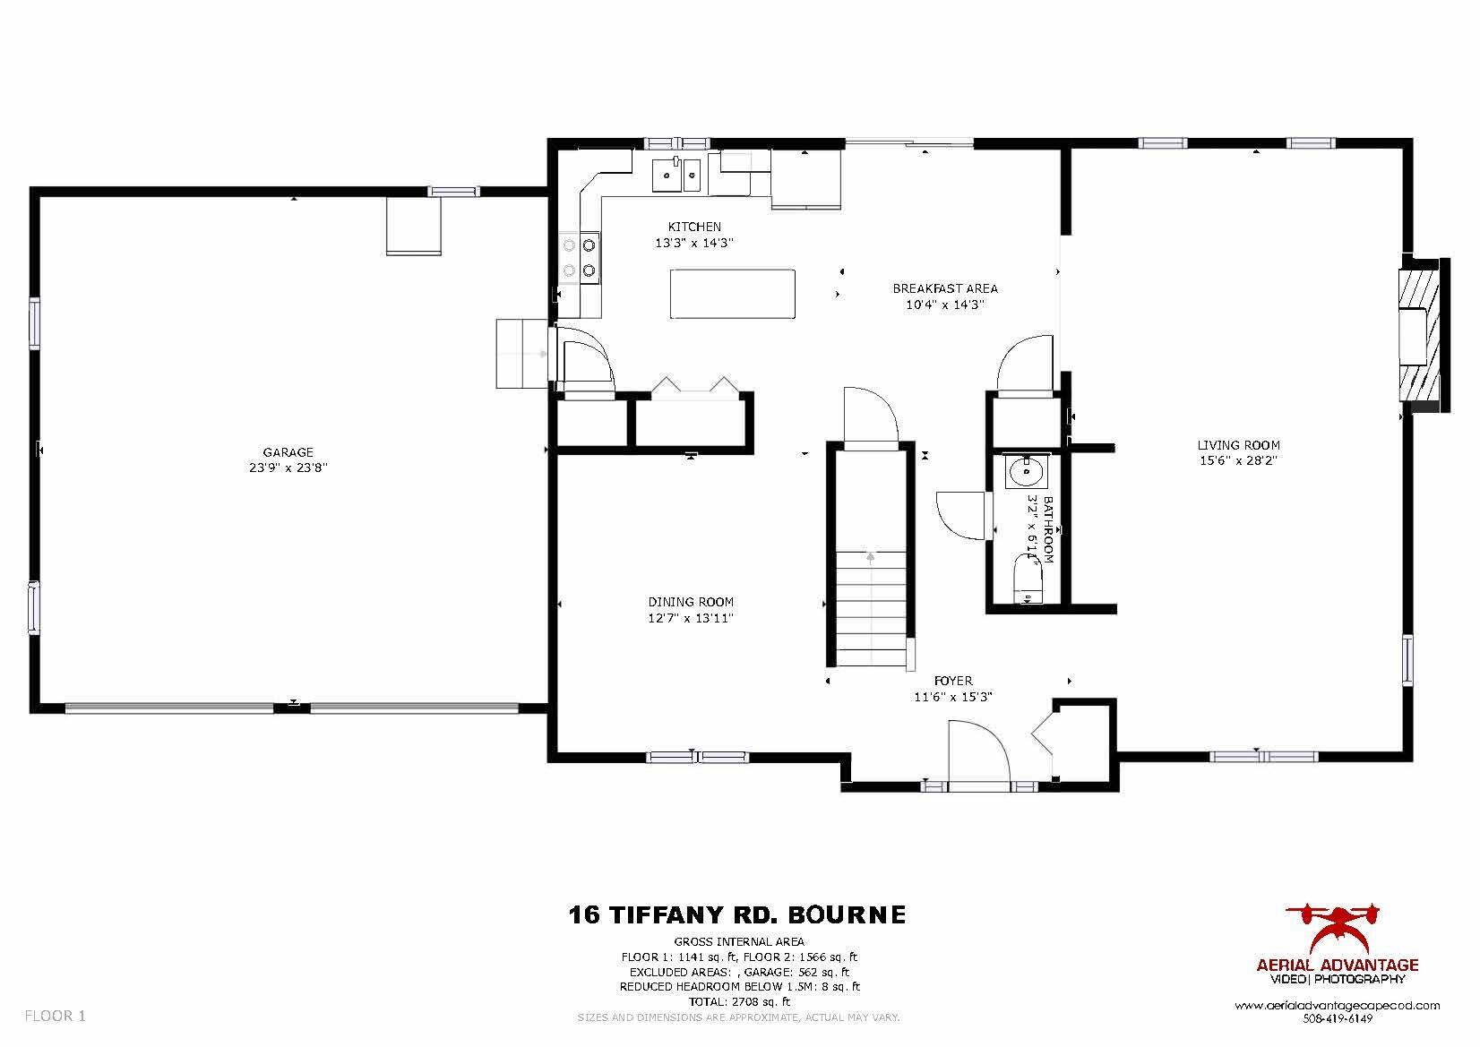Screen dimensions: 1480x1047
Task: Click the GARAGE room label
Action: coord(288,452)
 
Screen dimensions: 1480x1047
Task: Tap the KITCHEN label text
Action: coord(694,227)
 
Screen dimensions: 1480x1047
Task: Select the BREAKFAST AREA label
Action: coord(945,288)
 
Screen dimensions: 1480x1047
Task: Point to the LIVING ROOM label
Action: coord(1238,445)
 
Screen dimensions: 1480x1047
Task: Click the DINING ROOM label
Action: coord(691,602)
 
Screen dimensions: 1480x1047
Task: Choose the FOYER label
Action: coord(952,681)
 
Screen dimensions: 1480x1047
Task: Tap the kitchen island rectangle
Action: coord(732,293)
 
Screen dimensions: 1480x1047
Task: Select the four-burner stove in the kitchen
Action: coord(581,258)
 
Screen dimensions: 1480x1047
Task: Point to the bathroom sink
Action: coord(1026,471)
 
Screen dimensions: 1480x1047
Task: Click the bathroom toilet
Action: coord(1028,579)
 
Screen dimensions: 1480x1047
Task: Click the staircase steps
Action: coord(871,609)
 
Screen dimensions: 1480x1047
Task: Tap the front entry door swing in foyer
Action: coord(978,752)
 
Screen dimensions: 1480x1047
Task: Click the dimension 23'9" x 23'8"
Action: coord(288,468)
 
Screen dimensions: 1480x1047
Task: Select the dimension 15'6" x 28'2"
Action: coord(1238,460)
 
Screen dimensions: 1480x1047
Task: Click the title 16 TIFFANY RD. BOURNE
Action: coord(737,914)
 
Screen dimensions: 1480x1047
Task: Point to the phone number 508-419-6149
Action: coord(1338,1018)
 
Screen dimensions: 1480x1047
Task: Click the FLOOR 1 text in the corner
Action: coord(56,1016)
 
